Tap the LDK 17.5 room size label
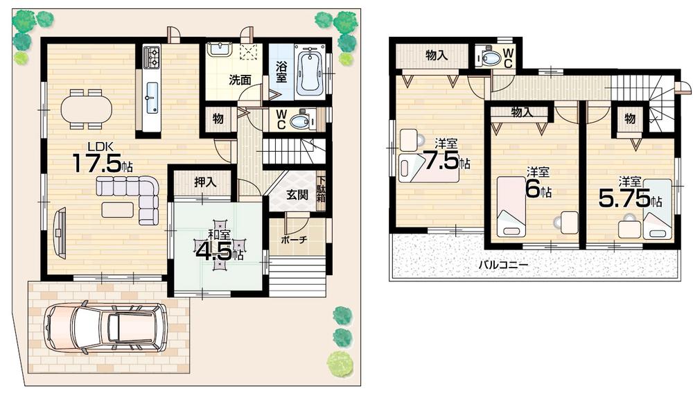(x=101, y=161)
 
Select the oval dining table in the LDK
(x=86, y=108)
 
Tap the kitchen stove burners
(x=152, y=56)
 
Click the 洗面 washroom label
(x=240, y=79)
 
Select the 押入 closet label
(x=204, y=183)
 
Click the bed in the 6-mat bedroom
(x=511, y=206)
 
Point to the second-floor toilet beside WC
(x=491, y=58)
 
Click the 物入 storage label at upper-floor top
(x=436, y=55)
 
